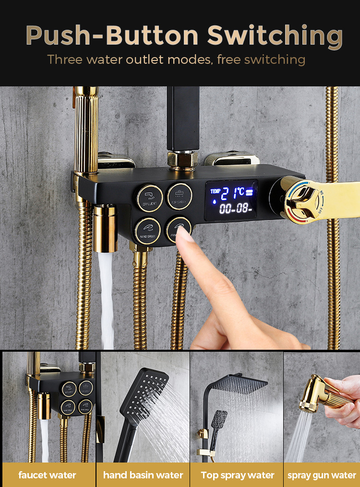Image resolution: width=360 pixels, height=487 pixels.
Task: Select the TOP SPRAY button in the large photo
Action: pos(180,196)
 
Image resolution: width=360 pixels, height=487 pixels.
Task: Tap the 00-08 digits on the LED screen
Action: pos(234,209)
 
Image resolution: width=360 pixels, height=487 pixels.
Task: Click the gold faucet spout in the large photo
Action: pos(105,228)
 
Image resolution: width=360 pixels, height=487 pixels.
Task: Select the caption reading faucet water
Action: pos(48,475)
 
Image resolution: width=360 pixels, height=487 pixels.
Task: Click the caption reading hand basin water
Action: pos(143,475)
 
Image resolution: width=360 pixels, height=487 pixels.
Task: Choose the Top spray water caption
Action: pos(238,475)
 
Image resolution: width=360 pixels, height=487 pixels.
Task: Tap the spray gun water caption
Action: pos(322,475)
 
